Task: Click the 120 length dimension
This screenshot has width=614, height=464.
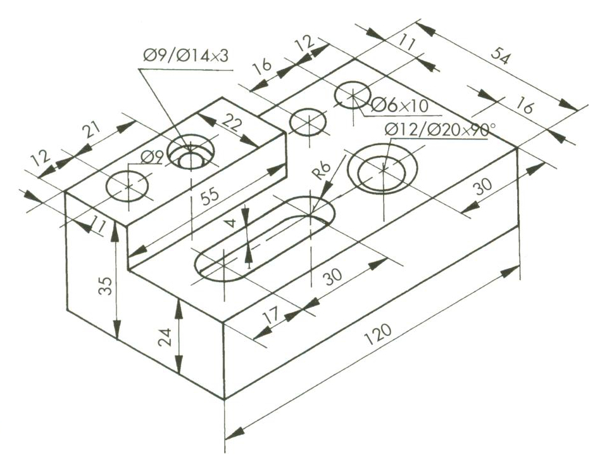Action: pos(377,335)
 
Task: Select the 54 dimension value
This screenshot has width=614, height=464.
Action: pos(501,55)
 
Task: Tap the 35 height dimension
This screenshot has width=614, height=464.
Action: pos(105,286)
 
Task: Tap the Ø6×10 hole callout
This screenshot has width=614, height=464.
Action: pos(399,105)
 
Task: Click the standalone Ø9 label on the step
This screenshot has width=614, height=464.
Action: pos(151,158)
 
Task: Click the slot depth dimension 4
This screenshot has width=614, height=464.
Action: pos(232,222)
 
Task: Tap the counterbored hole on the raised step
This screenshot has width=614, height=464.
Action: pos(191,152)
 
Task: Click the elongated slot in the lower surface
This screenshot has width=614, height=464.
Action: pos(265,239)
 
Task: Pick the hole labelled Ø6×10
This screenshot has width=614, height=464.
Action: pos(353,95)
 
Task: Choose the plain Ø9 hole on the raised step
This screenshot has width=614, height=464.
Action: pos(128,186)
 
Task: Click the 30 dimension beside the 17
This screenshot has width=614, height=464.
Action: pos(333,276)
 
